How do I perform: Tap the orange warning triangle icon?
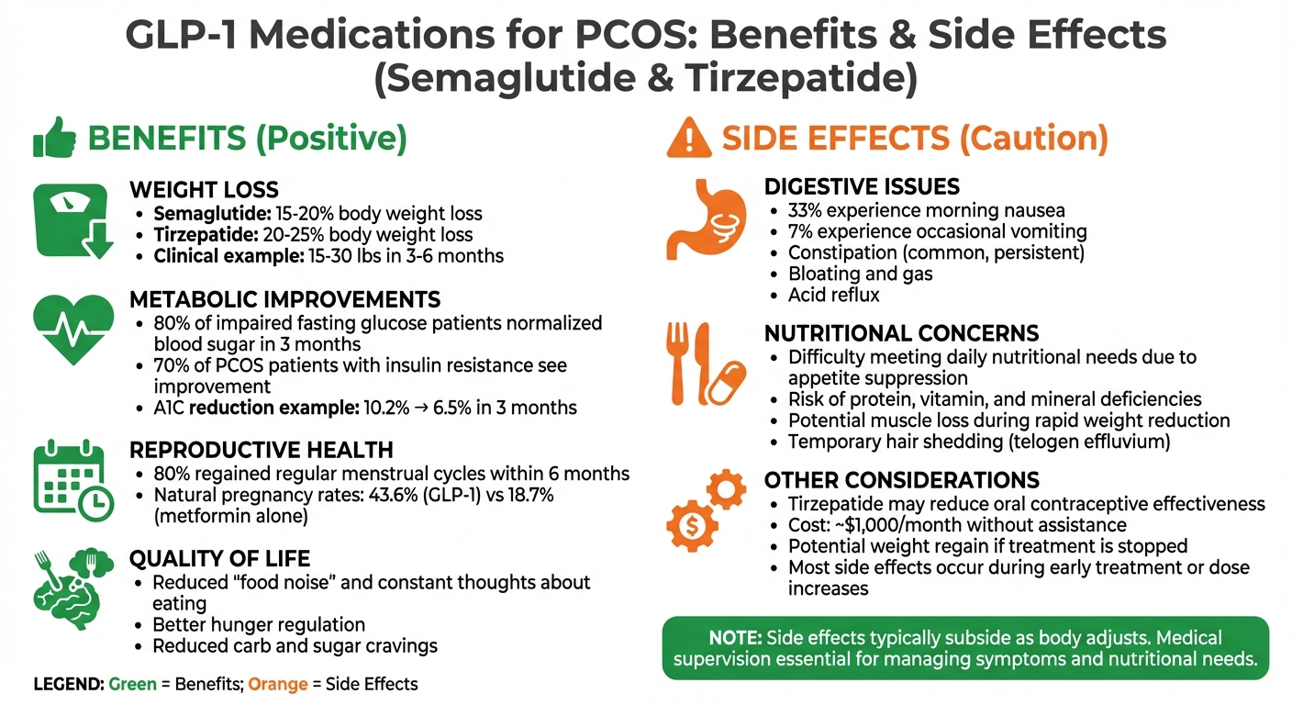(687, 139)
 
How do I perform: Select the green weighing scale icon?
(72, 219)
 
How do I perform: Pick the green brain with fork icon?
(72, 583)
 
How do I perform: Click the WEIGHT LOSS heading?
(204, 190)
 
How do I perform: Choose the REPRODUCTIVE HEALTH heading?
(262, 450)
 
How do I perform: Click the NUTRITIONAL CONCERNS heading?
(901, 333)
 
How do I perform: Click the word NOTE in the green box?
(733, 638)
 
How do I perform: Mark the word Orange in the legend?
(278, 684)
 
